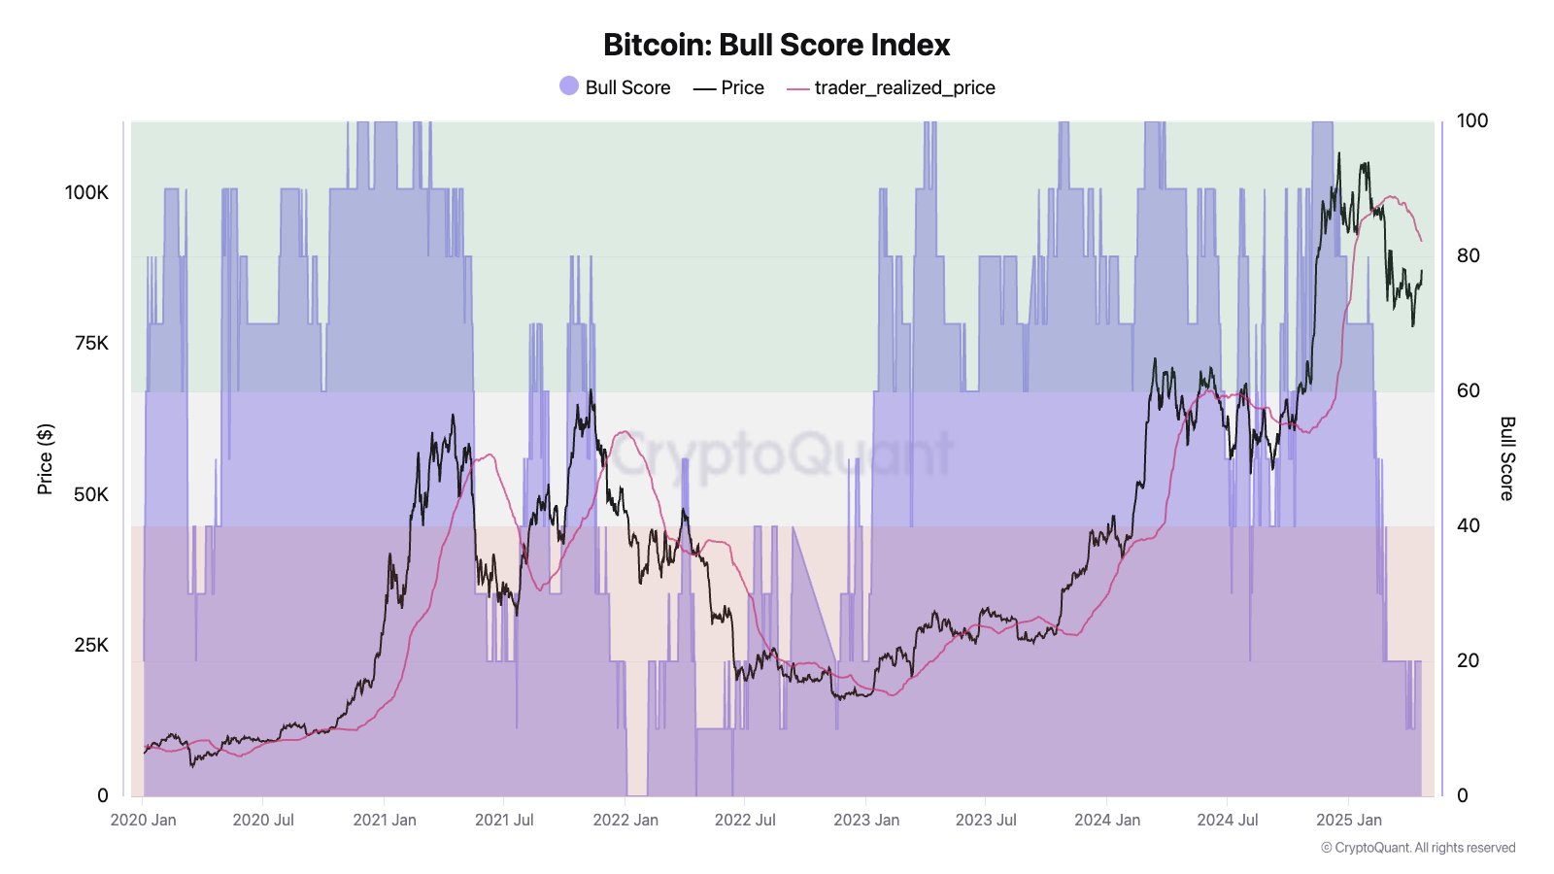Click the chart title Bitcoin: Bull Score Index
tap(776, 45)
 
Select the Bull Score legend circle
tap(569, 86)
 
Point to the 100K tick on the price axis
tap(86, 192)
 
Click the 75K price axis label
tap(91, 343)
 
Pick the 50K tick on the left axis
tap(91, 494)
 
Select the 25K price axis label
tap(91, 645)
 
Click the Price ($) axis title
tap(45, 458)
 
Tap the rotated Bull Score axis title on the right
tap(1507, 458)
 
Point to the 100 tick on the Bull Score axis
tap(1472, 120)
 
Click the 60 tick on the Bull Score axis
tap(1468, 390)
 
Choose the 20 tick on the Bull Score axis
tap(1468, 660)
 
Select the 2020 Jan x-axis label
tap(144, 820)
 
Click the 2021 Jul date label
tap(504, 820)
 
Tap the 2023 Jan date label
tap(866, 820)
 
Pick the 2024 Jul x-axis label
tap(1228, 820)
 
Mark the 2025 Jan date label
tap(1349, 820)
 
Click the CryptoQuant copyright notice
tap(1418, 848)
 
